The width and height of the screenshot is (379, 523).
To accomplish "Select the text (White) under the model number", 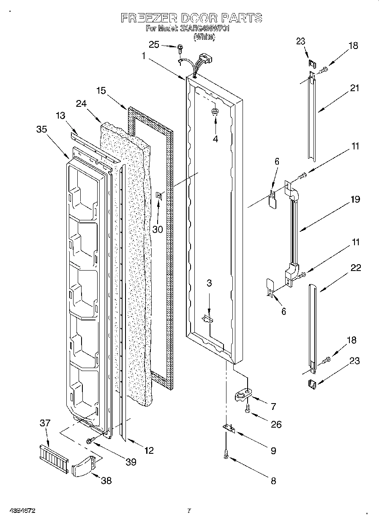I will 204,37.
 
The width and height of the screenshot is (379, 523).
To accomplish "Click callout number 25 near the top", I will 154,45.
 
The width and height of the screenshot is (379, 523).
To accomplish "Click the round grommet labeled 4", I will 215,111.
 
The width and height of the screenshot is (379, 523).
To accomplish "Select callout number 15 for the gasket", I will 101,90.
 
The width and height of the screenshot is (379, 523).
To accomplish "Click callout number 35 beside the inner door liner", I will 41,130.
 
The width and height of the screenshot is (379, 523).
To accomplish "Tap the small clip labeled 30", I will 159,195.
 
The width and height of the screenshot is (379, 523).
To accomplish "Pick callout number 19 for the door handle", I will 355,199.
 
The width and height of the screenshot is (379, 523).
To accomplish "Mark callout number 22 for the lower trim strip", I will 356,268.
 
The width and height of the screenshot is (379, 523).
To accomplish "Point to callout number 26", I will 276,424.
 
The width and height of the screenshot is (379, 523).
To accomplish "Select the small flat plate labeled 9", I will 229,428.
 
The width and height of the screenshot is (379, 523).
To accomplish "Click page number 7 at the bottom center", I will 189,510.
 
